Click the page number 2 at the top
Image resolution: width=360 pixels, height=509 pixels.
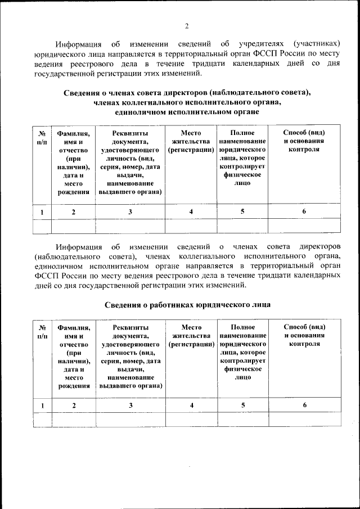pyautogui.click(x=186, y=25)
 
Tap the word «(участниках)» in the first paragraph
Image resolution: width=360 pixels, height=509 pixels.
pyautogui.click(x=317, y=43)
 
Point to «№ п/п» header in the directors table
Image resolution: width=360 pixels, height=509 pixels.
pyautogui.click(x=42, y=137)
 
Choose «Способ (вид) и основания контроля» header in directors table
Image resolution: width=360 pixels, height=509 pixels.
pyautogui.click(x=304, y=141)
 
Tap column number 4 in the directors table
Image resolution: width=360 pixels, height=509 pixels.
pyautogui.click(x=191, y=211)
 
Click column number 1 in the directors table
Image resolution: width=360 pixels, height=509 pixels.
pyautogui.click(x=42, y=211)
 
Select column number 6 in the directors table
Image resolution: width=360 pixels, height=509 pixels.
pyautogui.click(x=304, y=211)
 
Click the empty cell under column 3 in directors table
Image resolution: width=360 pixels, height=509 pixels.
pyautogui.click(x=130, y=226)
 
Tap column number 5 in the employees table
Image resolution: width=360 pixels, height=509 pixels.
pyautogui.click(x=242, y=405)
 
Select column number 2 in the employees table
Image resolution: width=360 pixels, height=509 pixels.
pyautogui.click(x=73, y=405)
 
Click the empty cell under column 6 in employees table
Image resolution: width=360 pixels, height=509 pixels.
pyautogui.click(x=304, y=420)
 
